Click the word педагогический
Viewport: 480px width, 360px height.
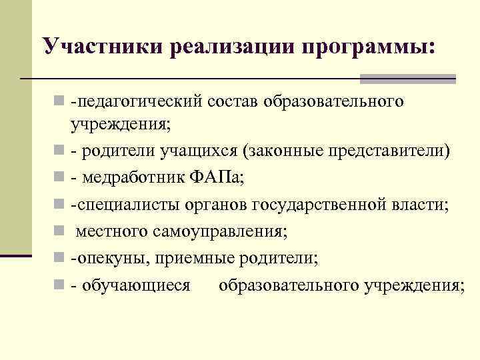(139, 103)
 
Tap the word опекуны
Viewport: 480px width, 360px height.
(107, 257)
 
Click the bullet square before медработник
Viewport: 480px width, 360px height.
(59, 178)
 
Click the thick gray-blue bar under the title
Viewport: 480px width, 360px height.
(407, 79)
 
